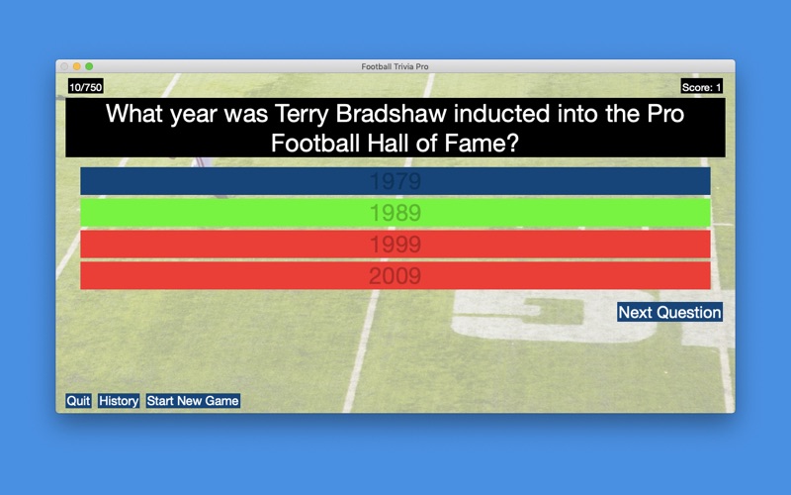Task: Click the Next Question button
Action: (669, 312)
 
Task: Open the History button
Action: (119, 401)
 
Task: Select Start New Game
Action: (193, 401)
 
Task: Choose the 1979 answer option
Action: (395, 181)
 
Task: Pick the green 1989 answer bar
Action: (395, 213)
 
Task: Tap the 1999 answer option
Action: (395, 245)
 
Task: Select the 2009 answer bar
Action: (395, 276)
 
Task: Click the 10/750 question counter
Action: (86, 87)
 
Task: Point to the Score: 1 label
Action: (701, 87)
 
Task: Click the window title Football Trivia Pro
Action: (395, 66)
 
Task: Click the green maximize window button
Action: (89, 66)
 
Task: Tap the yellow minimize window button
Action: (77, 66)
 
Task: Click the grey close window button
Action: (64, 66)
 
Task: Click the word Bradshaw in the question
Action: (392, 114)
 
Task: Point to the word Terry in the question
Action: (303, 115)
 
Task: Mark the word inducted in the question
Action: (501, 114)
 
